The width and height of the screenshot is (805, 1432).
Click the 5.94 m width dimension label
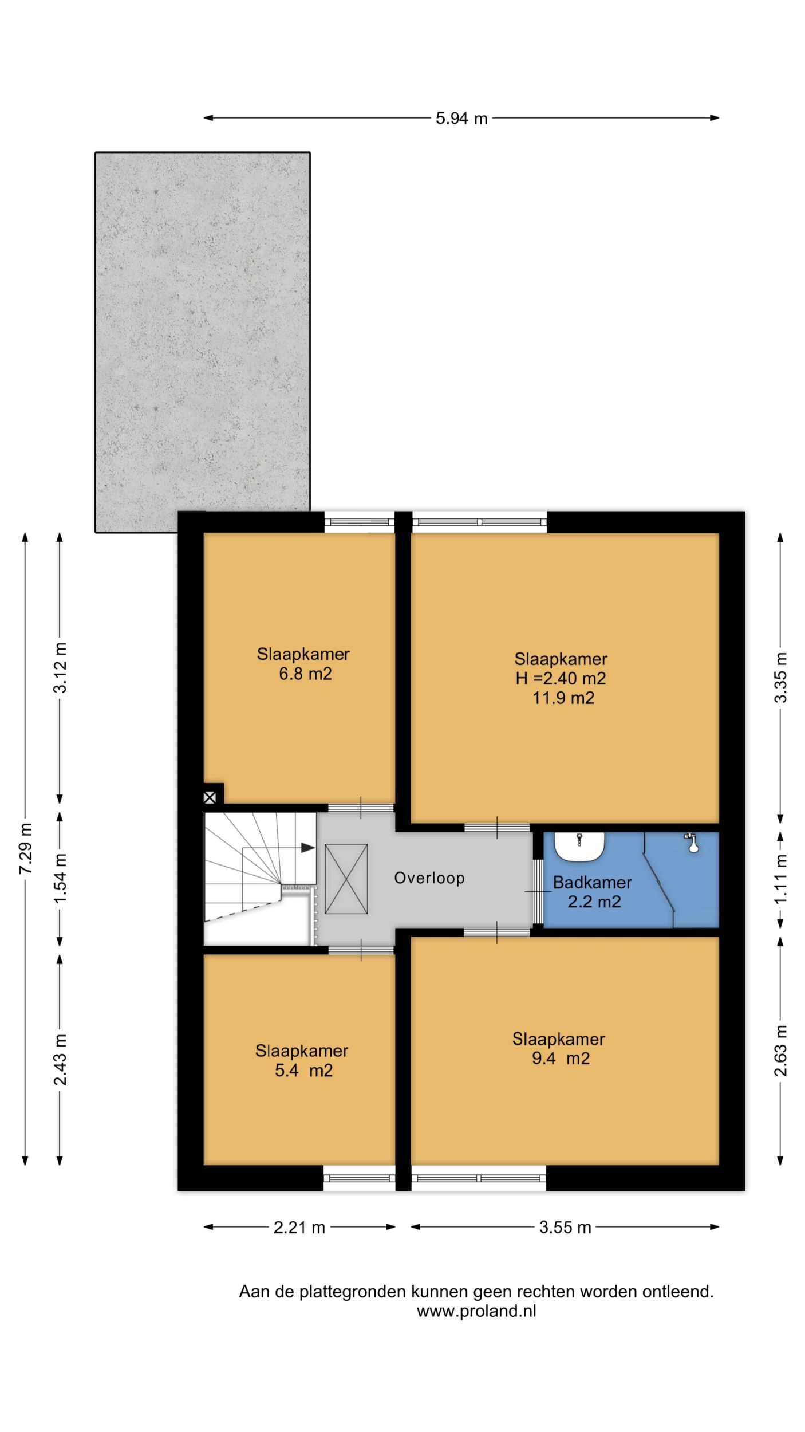pos(461,118)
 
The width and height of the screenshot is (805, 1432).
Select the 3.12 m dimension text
pos(60,668)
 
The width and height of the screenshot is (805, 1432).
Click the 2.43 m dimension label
pos(60,1060)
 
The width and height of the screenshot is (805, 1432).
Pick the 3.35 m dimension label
pos(780,678)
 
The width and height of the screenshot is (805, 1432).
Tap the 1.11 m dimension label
pos(780,879)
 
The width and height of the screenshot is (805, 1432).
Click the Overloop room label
pos(429,878)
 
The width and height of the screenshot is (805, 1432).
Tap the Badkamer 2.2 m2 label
pos(593,892)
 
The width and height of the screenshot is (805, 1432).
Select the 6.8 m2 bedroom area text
pos(305,674)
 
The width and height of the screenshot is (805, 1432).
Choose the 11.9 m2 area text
pos(563,698)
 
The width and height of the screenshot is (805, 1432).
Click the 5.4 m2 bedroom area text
pos(303,1071)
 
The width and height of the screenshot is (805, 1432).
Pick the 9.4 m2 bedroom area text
pos(561,1058)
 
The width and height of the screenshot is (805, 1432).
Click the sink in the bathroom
pos(580,846)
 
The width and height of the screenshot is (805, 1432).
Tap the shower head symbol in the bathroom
pos(692,843)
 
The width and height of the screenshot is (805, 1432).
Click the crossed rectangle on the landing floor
pos(346,879)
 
